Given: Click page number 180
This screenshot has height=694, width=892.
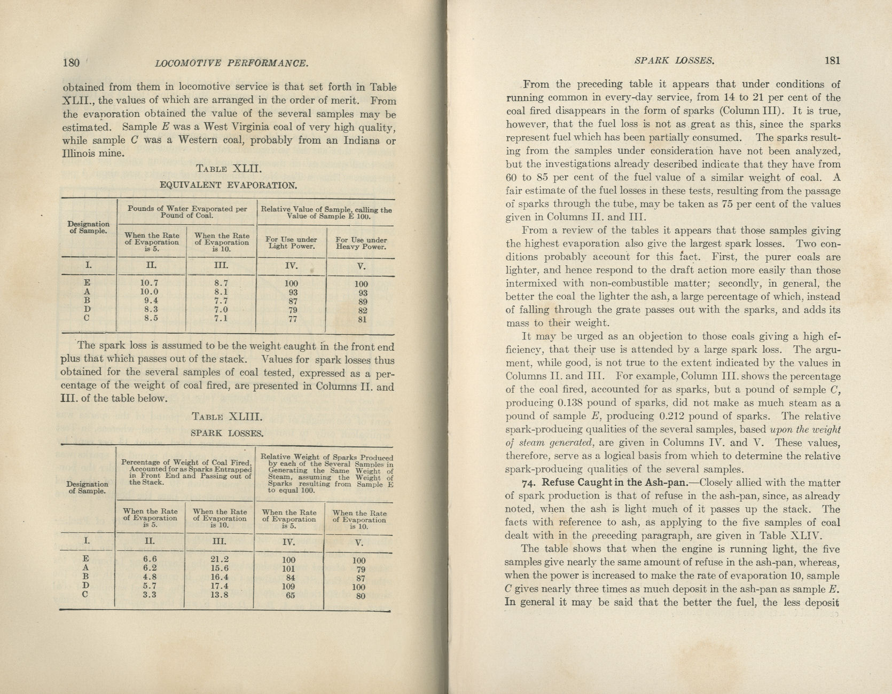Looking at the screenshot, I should (x=71, y=62).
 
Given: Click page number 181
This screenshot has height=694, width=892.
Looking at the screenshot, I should (x=832, y=60).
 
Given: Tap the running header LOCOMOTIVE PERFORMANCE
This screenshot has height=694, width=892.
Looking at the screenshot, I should (x=231, y=64).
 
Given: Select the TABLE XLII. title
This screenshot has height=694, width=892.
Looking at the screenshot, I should (x=228, y=169).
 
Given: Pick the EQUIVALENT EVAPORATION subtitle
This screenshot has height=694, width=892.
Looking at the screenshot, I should (x=228, y=186).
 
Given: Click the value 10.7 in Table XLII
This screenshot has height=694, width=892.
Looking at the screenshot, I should (x=149, y=283).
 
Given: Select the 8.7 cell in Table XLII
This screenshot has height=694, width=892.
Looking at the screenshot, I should (x=221, y=283).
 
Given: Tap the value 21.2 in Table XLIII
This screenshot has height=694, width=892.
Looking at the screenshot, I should (x=220, y=560).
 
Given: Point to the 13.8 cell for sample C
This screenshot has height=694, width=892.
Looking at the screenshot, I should (x=220, y=595).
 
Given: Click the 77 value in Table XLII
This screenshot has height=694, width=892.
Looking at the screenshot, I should (x=292, y=319).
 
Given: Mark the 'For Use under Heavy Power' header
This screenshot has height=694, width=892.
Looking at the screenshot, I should (x=361, y=243).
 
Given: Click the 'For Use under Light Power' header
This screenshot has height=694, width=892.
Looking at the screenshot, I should (x=291, y=243).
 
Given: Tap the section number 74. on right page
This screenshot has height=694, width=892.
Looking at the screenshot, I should (x=529, y=483).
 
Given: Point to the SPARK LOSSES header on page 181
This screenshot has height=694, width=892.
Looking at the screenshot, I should (x=674, y=60).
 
